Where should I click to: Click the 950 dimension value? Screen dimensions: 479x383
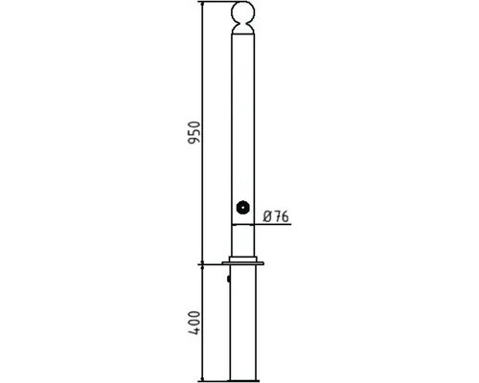tap(194, 132)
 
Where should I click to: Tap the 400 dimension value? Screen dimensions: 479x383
tap(194, 323)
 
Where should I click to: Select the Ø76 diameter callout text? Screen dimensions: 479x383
tap(276, 216)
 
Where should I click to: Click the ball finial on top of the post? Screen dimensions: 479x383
tap(243, 12)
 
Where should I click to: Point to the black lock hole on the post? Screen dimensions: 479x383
tap(243, 208)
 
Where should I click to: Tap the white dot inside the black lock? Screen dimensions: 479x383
tap(243, 208)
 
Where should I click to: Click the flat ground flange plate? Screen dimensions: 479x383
tap(243, 263)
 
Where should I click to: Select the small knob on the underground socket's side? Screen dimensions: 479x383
tap(229, 279)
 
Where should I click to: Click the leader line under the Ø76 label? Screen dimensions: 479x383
tap(272, 224)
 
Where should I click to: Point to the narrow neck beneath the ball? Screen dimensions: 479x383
tap(243, 26)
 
